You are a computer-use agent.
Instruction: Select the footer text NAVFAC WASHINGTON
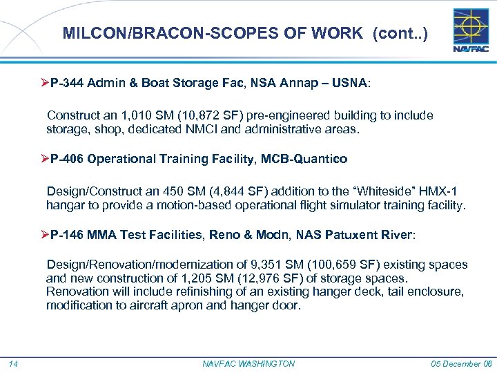pos(249,363)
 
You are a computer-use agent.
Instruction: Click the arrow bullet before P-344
pos(45,83)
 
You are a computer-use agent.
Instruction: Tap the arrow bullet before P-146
pos(45,235)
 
